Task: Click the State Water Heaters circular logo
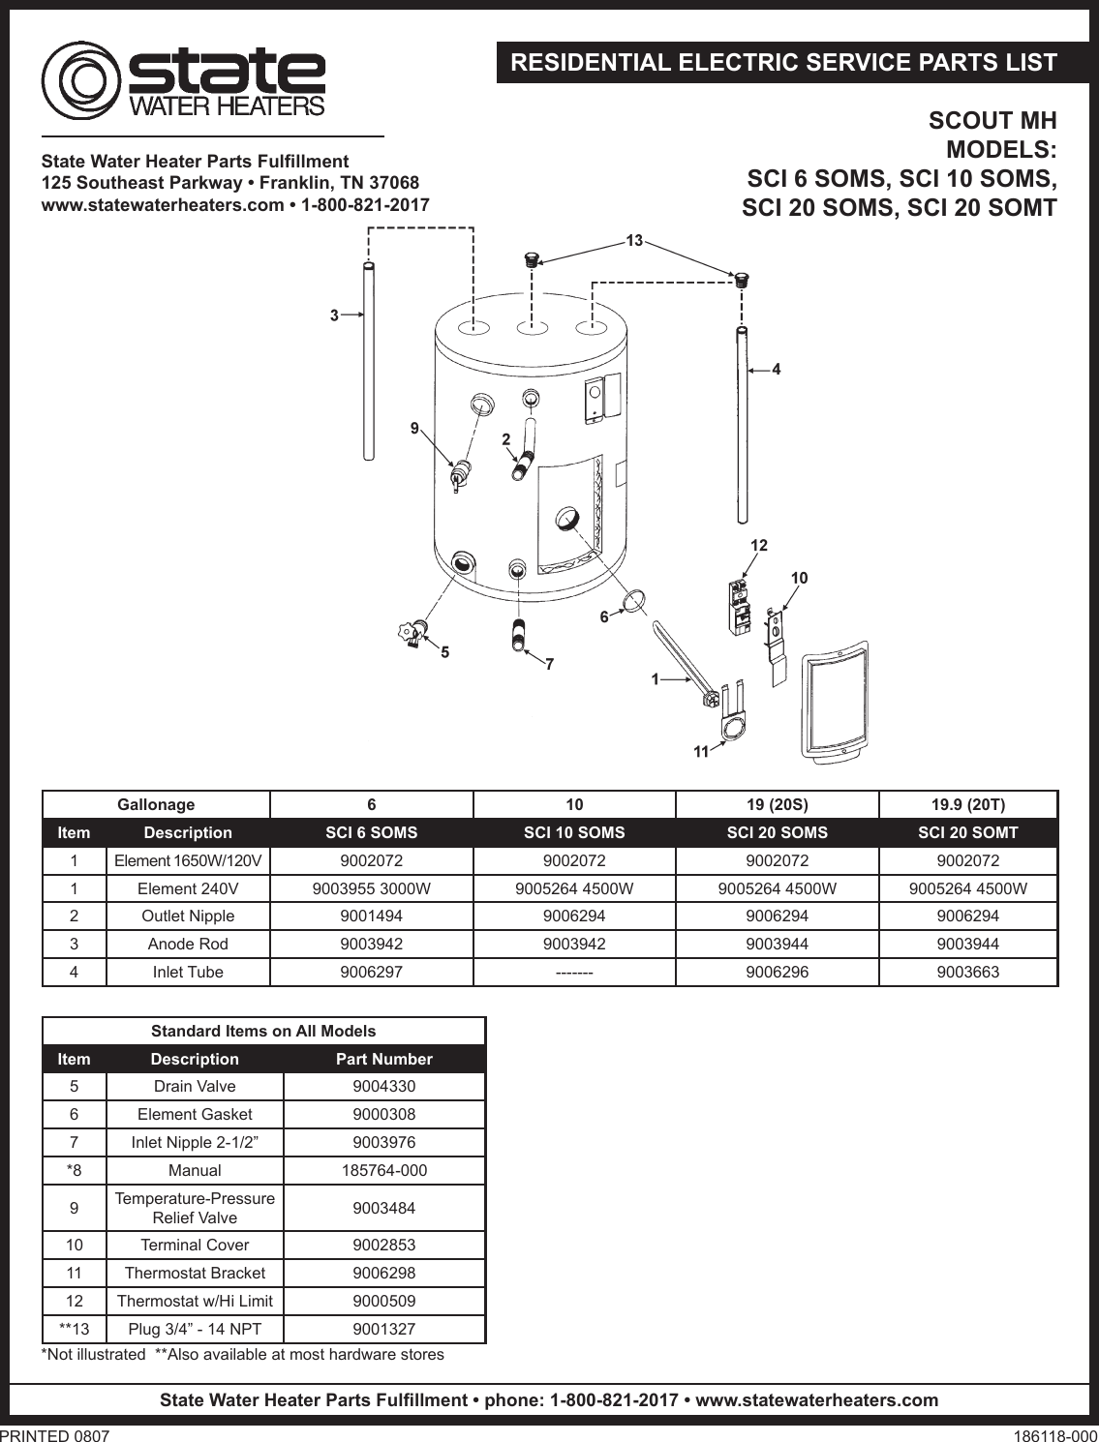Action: (x=80, y=80)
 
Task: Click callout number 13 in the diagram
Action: (x=634, y=240)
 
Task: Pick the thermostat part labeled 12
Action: (x=740, y=607)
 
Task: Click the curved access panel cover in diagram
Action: (x=834, y=701)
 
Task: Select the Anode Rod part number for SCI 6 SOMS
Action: (x=371, y=944)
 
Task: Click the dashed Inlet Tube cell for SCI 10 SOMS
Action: (x=574, y=972)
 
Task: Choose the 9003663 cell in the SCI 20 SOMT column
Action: (x=967, y=972)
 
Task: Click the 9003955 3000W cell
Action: (x=371, y=888)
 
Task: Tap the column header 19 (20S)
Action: (x=777, y=804)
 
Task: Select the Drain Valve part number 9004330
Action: (x=383, y=1086)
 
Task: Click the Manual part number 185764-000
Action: (x=383, y=1170)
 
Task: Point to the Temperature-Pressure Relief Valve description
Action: (x=195, y=1208)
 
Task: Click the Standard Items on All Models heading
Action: (x=263, y=1031)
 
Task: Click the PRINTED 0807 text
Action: (x=55, y=1436)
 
